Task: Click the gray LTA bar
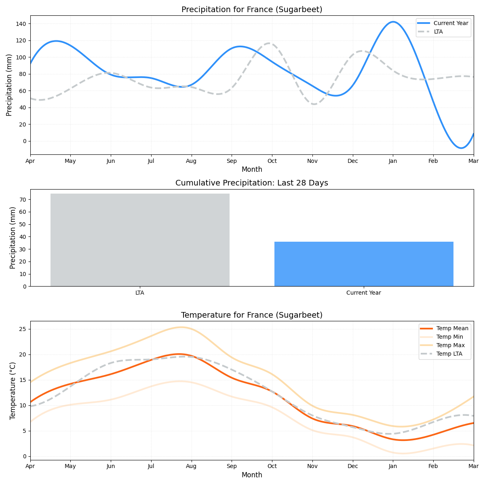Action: (x=140, y=240)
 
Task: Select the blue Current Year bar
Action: (x=364, y=264)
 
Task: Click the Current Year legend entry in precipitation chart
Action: (x=451, y=23)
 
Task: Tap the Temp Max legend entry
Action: (x=450, y=345)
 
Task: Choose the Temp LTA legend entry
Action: (x=449, y=354)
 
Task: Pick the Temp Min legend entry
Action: (x=449, y=337)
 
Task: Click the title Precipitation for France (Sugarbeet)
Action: (x=252, y=10)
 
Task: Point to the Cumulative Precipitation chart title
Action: (x=252, y=183)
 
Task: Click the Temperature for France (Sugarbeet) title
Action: (x=252, y=315)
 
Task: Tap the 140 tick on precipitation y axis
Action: (x=21, y=24)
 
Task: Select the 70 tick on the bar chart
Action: (x=23, y=200)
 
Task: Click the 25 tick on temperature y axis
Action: (x=23, y=329)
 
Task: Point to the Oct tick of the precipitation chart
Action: (x=272, y=161)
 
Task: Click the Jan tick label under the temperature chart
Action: (x=393, y=466)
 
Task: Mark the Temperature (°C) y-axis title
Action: (x=13, y=390)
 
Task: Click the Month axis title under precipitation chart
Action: (x=252, y=169)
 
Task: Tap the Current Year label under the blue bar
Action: (x=364, y=293)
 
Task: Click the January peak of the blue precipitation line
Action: (x=393, y=22)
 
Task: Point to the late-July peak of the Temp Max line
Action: (x=181, y=327)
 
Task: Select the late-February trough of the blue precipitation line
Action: (x=461, y=148)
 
